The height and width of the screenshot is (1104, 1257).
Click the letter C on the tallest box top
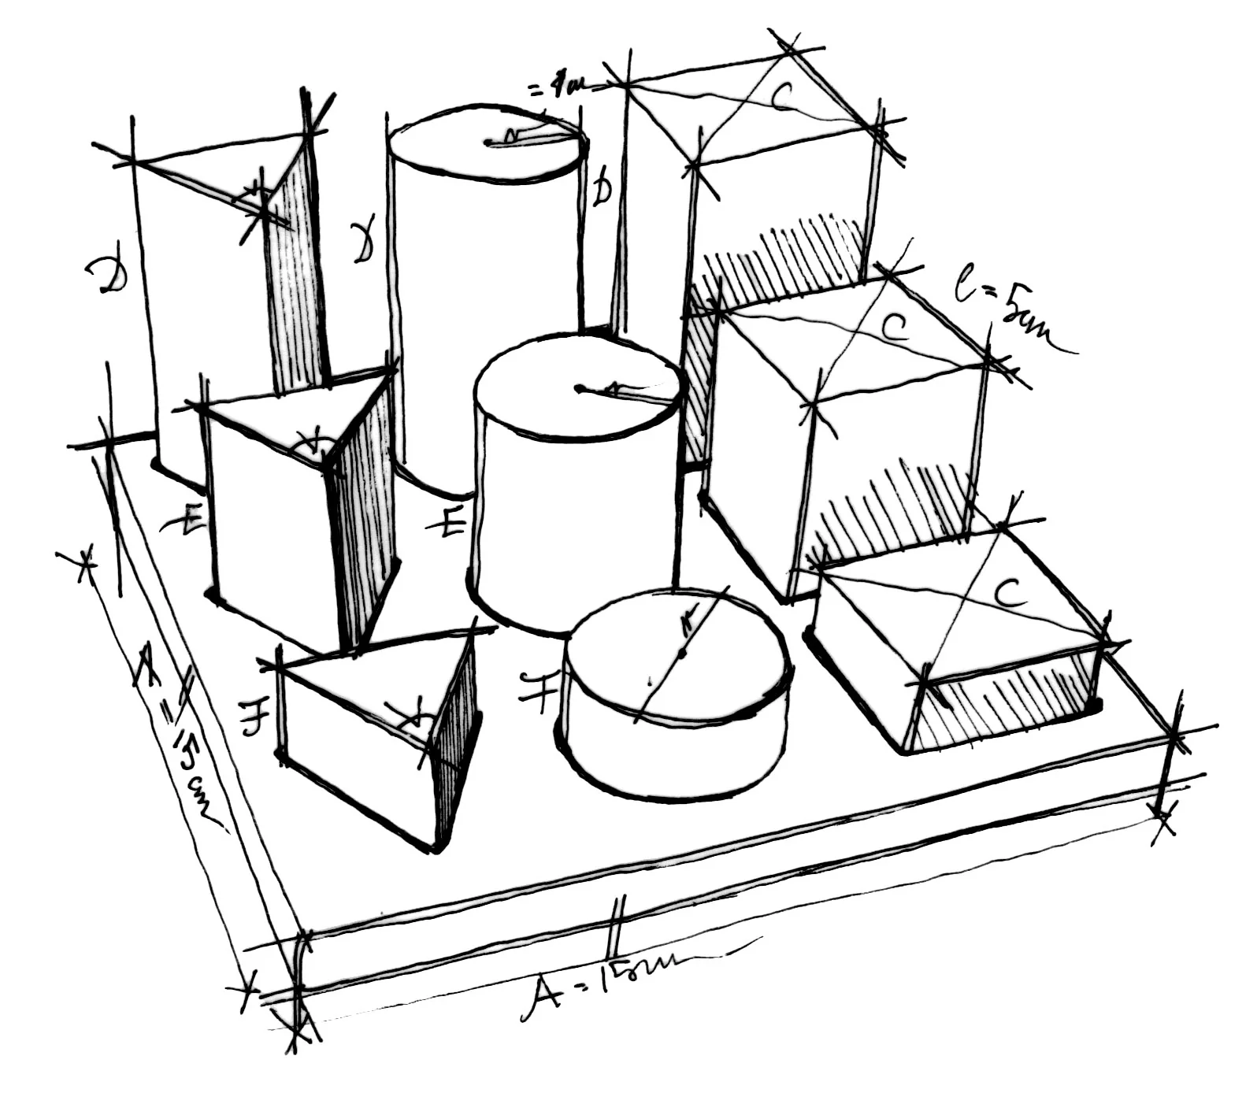pyautogui.click(x=783, y=97)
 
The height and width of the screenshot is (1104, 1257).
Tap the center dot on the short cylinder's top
pyautogui.click(x=682, y=653)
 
